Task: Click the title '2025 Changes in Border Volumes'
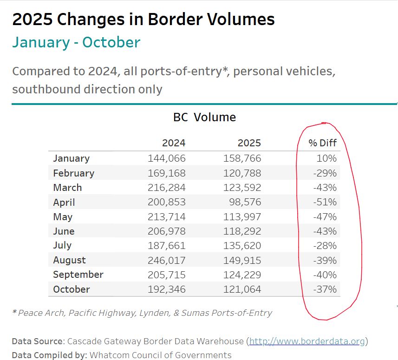click(144, 20)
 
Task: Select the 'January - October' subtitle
click(76, 42)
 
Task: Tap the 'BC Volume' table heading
click(204, 117)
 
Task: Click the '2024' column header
click(174, 143)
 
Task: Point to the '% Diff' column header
click(322, 143)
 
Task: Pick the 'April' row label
click(64, 202)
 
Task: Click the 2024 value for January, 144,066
click(167, 158)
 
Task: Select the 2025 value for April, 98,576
click(246, 202)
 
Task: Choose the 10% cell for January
click(327, 158)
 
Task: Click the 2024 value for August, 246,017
click(167, 260)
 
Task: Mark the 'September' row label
click(78, 275)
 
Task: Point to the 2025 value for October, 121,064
click(242, 289)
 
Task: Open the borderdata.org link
click(307, 341)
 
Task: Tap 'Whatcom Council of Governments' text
click(161, 355)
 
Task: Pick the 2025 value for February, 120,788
click(242, 173)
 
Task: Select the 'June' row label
click(64, 231)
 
